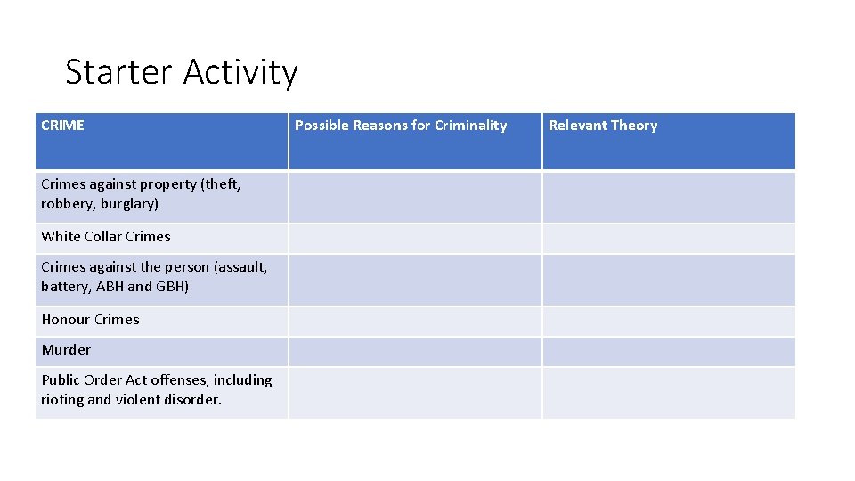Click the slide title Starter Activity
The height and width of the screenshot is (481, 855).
182,72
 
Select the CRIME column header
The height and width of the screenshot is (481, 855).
62,126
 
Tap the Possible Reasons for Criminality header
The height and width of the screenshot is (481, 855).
401,126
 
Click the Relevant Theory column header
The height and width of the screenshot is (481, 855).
603,126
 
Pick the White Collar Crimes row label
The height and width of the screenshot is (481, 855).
105,237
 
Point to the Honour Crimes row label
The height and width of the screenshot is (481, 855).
90,320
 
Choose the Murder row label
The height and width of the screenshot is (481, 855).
66,350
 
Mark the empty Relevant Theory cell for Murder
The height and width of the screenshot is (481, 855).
668,351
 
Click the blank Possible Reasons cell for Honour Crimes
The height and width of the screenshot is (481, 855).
414,321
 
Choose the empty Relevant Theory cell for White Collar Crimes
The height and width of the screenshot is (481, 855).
668,238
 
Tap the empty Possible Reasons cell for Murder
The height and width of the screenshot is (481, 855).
414,351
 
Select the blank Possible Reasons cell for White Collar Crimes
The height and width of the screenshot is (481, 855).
414,238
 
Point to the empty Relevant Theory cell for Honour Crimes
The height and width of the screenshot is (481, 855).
668,321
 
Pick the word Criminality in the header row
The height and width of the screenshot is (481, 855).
470,126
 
